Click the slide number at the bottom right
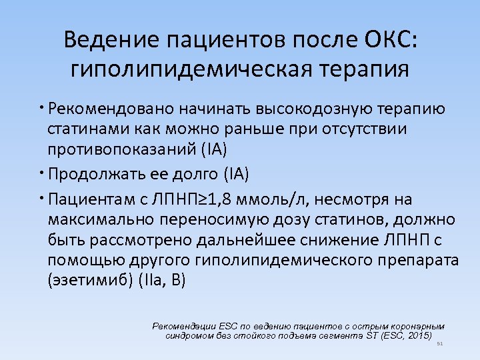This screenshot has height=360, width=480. pos(439,344)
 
